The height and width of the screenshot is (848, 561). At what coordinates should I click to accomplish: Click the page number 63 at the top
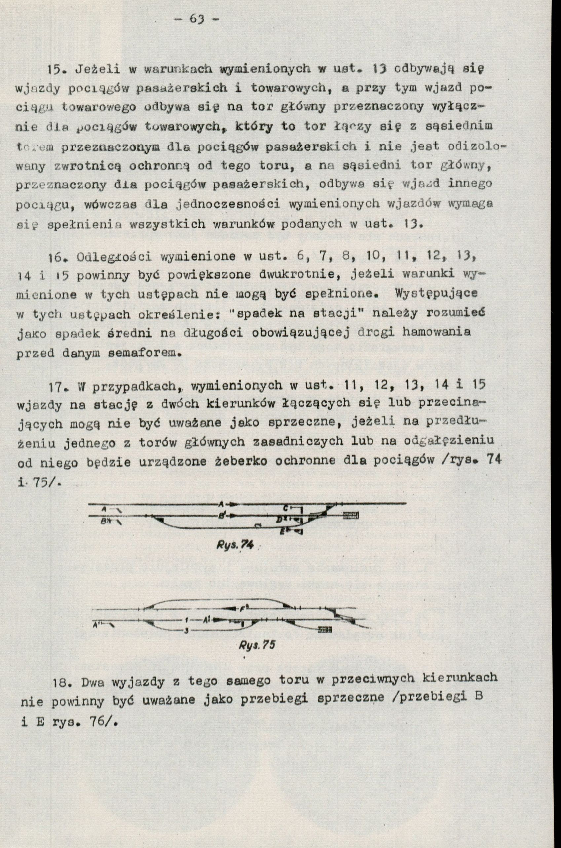(198, 18)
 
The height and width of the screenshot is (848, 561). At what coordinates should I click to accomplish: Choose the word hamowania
(436, 333)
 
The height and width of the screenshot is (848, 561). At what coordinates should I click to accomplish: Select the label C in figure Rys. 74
(286, 508)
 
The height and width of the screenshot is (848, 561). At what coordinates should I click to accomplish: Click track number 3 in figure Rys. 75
(186, 631)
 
